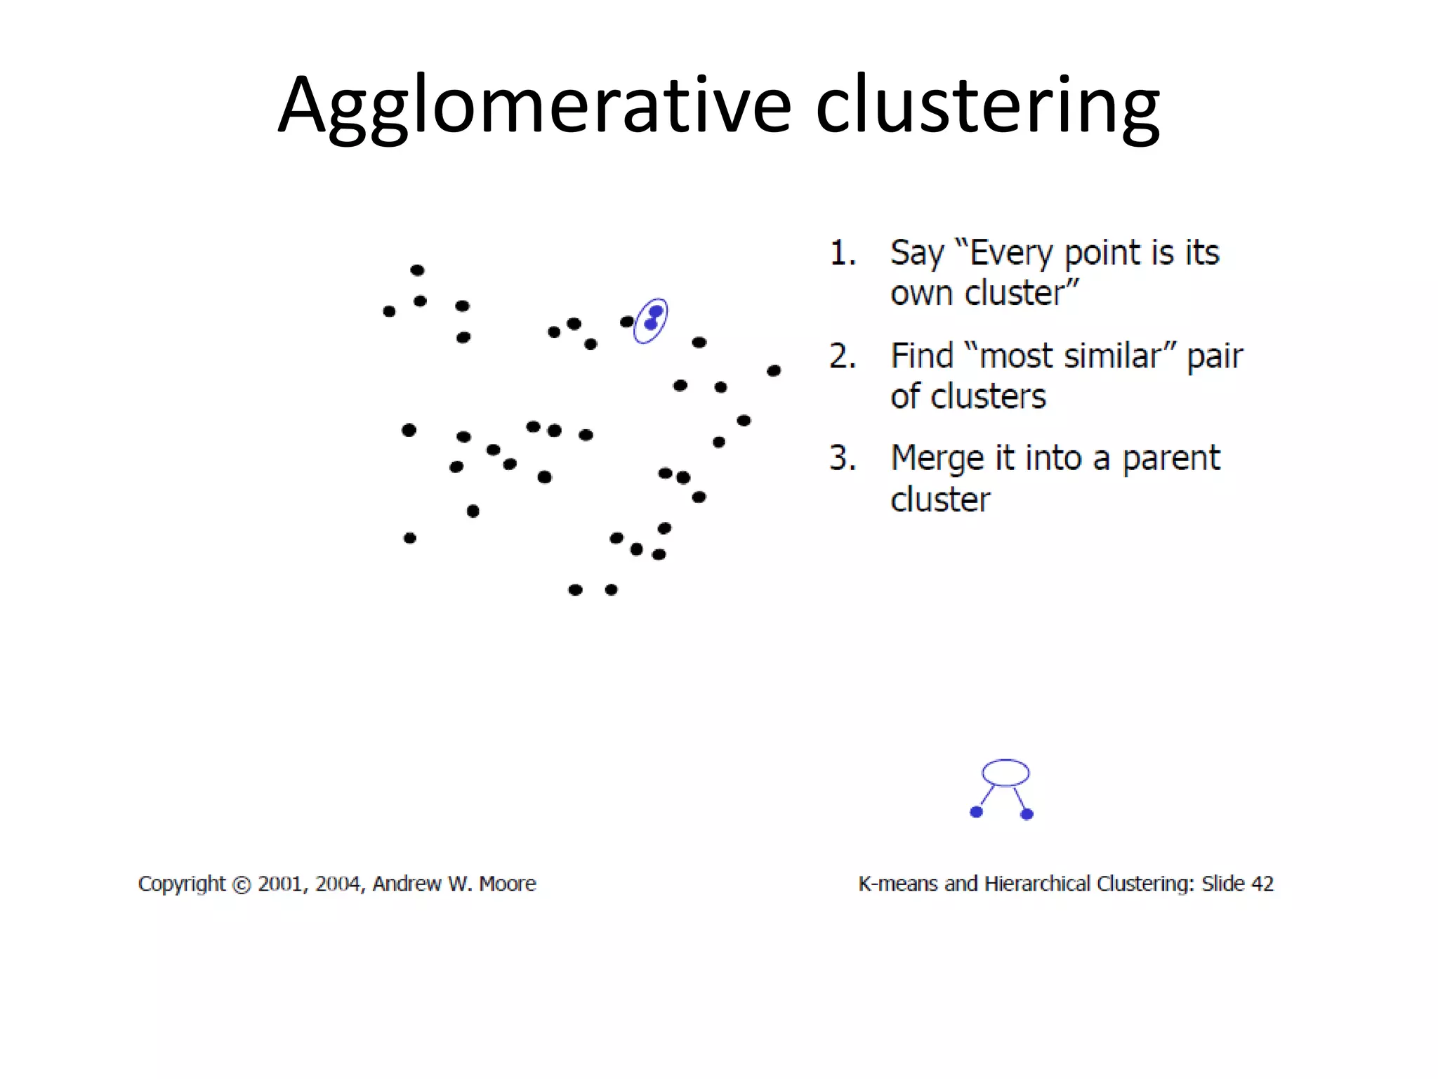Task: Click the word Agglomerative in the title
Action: tap(534, 105)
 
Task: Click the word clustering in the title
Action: tap(987, 105)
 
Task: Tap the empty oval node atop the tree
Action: tap(1005, 772)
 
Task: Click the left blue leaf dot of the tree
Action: tap(976, 812)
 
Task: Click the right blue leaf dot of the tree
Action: tap(1027, 814)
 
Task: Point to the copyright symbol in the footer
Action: tap(241, 884)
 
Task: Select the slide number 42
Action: tap(1262, 884)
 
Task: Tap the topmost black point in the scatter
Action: tap(417, 270)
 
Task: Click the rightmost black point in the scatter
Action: tap(774, 370)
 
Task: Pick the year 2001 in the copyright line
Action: tap(280, 884)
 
